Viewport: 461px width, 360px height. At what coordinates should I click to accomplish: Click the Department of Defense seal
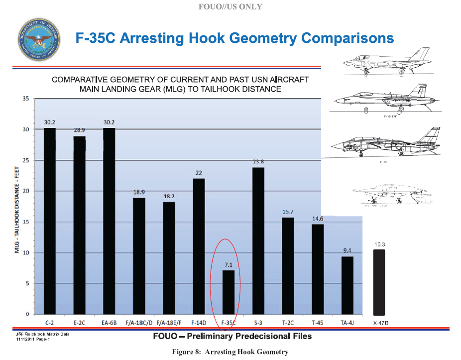click(38, 39)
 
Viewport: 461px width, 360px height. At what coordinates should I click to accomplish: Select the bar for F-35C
click(228, 292)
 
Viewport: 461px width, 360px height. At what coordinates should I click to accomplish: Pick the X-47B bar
click(379, 282)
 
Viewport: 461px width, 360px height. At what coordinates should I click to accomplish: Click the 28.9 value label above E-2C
click(80, 130)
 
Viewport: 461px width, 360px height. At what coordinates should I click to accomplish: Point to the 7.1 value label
click(228, 264)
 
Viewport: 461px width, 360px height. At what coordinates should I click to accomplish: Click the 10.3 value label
click(379, 244)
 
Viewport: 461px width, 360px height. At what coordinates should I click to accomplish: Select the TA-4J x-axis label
click(347, 323)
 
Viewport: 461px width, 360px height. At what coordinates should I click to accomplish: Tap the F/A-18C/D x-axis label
click(139, 323)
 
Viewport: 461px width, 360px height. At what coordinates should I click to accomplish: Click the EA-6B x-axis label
click(109, 323)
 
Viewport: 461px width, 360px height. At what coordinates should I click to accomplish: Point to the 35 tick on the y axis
click(25, 99)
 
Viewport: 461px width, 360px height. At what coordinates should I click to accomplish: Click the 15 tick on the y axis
click(25, 222)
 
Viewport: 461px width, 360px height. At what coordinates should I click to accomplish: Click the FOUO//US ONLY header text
click(230, 7)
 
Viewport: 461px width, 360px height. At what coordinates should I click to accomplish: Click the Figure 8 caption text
click(230, 352)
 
